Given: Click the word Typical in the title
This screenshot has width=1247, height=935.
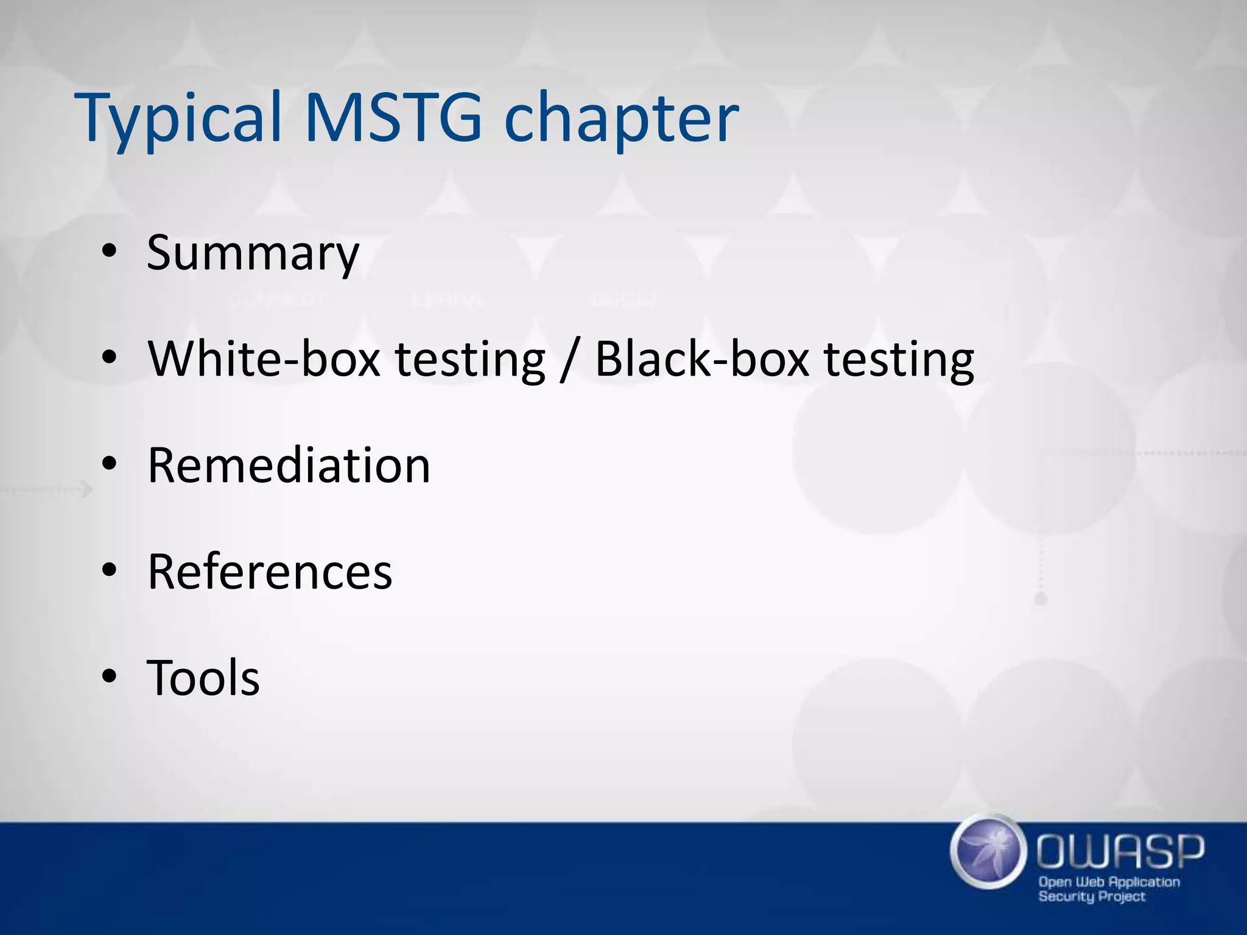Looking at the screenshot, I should [180, 119].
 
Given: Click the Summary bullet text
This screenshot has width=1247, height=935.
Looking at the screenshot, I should [253, 253].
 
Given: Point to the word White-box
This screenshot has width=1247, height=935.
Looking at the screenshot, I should [264, 359].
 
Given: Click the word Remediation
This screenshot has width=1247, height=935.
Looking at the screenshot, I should [289, 466].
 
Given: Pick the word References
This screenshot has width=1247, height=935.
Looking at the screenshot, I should [270, 572].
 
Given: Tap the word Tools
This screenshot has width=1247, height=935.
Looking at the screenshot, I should [203, 678].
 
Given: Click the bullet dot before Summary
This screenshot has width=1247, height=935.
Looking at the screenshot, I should [109, 252].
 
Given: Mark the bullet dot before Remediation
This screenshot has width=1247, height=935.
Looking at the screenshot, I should [109, 465].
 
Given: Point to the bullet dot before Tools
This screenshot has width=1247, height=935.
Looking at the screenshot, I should [109, 676].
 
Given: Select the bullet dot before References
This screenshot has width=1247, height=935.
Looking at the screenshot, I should [109, 571].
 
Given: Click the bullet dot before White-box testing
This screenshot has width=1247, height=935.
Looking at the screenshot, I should [109, 359].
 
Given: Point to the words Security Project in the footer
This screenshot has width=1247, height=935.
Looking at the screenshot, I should [1091, 896].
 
